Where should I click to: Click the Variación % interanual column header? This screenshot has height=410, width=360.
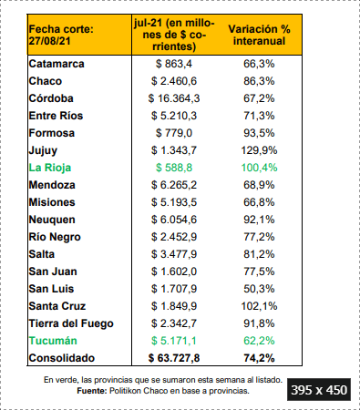[259, 35]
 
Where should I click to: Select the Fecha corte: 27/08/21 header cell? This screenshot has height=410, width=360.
[61, 35]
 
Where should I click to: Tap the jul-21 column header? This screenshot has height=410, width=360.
[174, 35]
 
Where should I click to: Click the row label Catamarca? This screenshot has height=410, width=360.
[57, 64]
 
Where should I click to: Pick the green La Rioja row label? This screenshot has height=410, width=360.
[50, 168]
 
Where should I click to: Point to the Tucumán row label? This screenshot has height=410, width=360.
[53, 341]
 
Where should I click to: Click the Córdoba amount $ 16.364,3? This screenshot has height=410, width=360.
[174, 98]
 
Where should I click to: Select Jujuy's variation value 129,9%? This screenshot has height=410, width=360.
[259, 150]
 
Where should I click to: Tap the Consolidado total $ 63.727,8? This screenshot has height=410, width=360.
[174, 358]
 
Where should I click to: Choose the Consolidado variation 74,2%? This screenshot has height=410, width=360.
[259, 358]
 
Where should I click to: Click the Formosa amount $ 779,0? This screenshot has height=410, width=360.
[174, 133]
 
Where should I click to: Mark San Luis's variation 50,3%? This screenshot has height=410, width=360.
[259, 289]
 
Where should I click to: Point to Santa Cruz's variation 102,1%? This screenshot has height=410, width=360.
[259, 306]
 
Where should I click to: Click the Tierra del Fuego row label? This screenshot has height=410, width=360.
[71, 323]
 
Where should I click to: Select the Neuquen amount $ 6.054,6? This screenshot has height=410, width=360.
[174, 220]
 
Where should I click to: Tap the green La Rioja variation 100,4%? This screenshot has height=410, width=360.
[259, 168]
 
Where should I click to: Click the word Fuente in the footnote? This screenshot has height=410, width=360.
[92, 391]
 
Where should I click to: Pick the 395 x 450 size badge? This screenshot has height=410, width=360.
[319, 390]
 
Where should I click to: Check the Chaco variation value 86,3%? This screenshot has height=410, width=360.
[259, 81]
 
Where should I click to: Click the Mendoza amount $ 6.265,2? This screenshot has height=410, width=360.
[174, 185]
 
